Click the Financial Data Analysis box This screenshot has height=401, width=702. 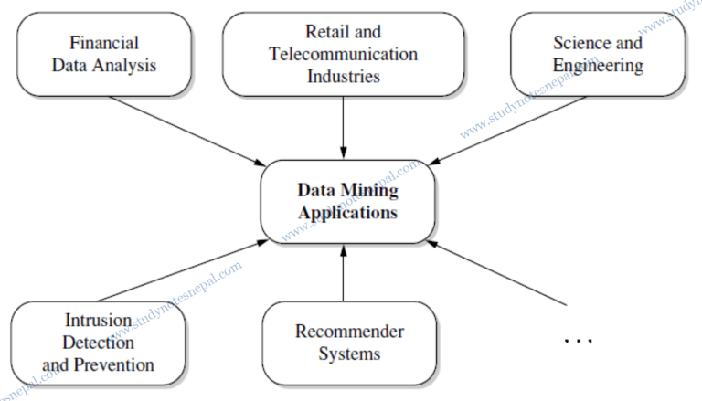coord(104,55)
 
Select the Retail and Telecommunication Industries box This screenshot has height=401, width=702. coord(343,55)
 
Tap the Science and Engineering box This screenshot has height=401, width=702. coord(598,55)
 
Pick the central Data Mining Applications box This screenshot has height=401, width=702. coord(347,201)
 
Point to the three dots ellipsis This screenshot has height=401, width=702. coord(578,341)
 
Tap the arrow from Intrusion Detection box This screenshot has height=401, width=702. coord(183,270)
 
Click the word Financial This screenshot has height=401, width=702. coord(104,43)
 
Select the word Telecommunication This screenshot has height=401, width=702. coord(344,55)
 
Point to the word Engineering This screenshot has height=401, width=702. coord(598,66)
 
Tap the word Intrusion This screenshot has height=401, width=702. coord(99,321)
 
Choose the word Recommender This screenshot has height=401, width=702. coord(349,332)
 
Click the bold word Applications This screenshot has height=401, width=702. coord(347,213)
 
